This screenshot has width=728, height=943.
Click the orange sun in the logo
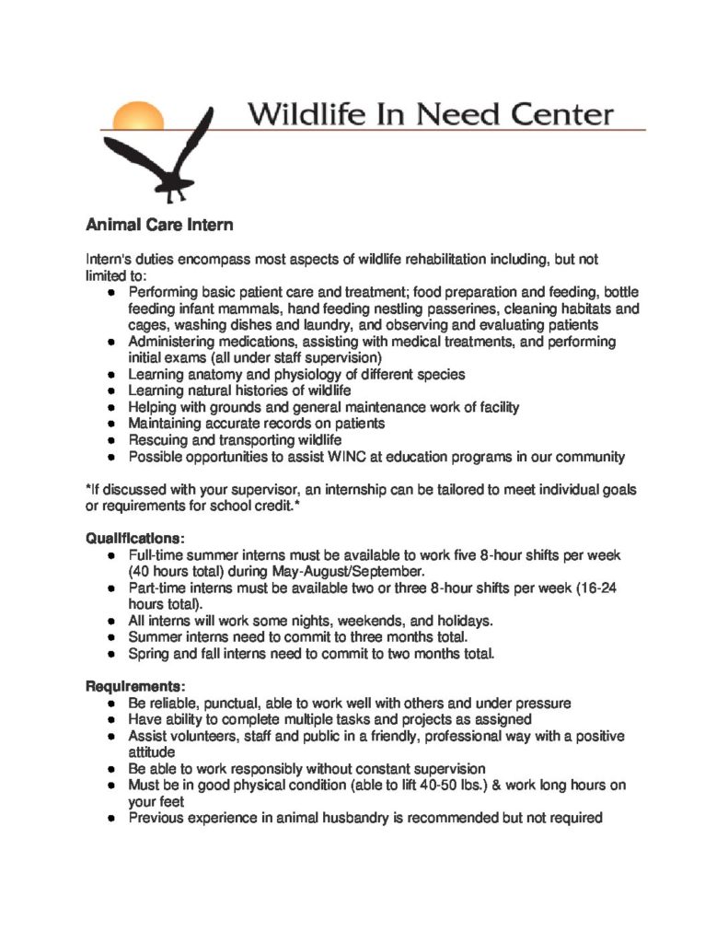click(138, 116)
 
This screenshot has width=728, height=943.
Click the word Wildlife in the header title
click(298, 115)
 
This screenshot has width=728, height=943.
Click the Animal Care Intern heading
click(159, 225)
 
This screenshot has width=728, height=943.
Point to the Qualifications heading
click(135, 538)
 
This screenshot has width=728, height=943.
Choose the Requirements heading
click(136, 686)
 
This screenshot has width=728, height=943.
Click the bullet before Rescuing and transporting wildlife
click(110, 440)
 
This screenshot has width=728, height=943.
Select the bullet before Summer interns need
click(110, 637)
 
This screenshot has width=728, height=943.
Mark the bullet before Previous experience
click(110, 818)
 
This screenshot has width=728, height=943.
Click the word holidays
click(463, 621)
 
